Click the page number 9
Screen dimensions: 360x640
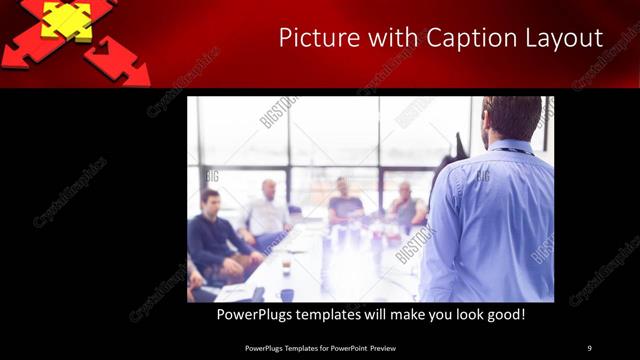click(x=589, y=348)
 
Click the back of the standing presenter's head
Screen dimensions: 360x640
click(x=511, y=116)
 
